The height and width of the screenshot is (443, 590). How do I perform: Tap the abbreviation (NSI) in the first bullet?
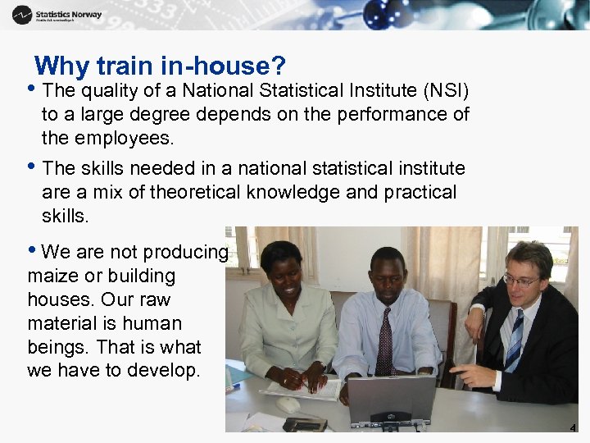click(447, 89)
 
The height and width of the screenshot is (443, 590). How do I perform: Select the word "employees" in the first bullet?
click(126, 138)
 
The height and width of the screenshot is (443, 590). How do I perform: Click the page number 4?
click(573, 428)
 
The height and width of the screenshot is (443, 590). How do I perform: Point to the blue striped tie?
click(515, 340)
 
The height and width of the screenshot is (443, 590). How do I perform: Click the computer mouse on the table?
click(288, 404)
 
